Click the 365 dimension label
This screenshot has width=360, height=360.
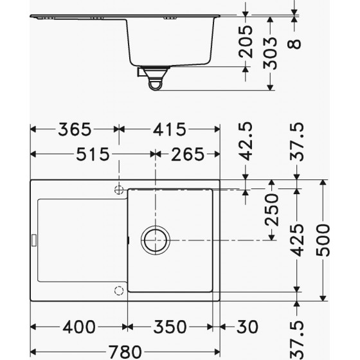tap(73, 129)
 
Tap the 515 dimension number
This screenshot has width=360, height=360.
tap(92, 154)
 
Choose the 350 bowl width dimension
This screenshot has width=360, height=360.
tap(174, 327)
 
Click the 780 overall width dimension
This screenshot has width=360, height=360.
tap(122, 351)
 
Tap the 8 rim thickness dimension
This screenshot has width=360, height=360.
tap(294, 44)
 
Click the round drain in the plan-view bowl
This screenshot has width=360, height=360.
tap(156, 240)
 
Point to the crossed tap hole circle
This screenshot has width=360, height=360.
tap(118, 190)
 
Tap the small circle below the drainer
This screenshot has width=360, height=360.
tap(118, 290)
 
